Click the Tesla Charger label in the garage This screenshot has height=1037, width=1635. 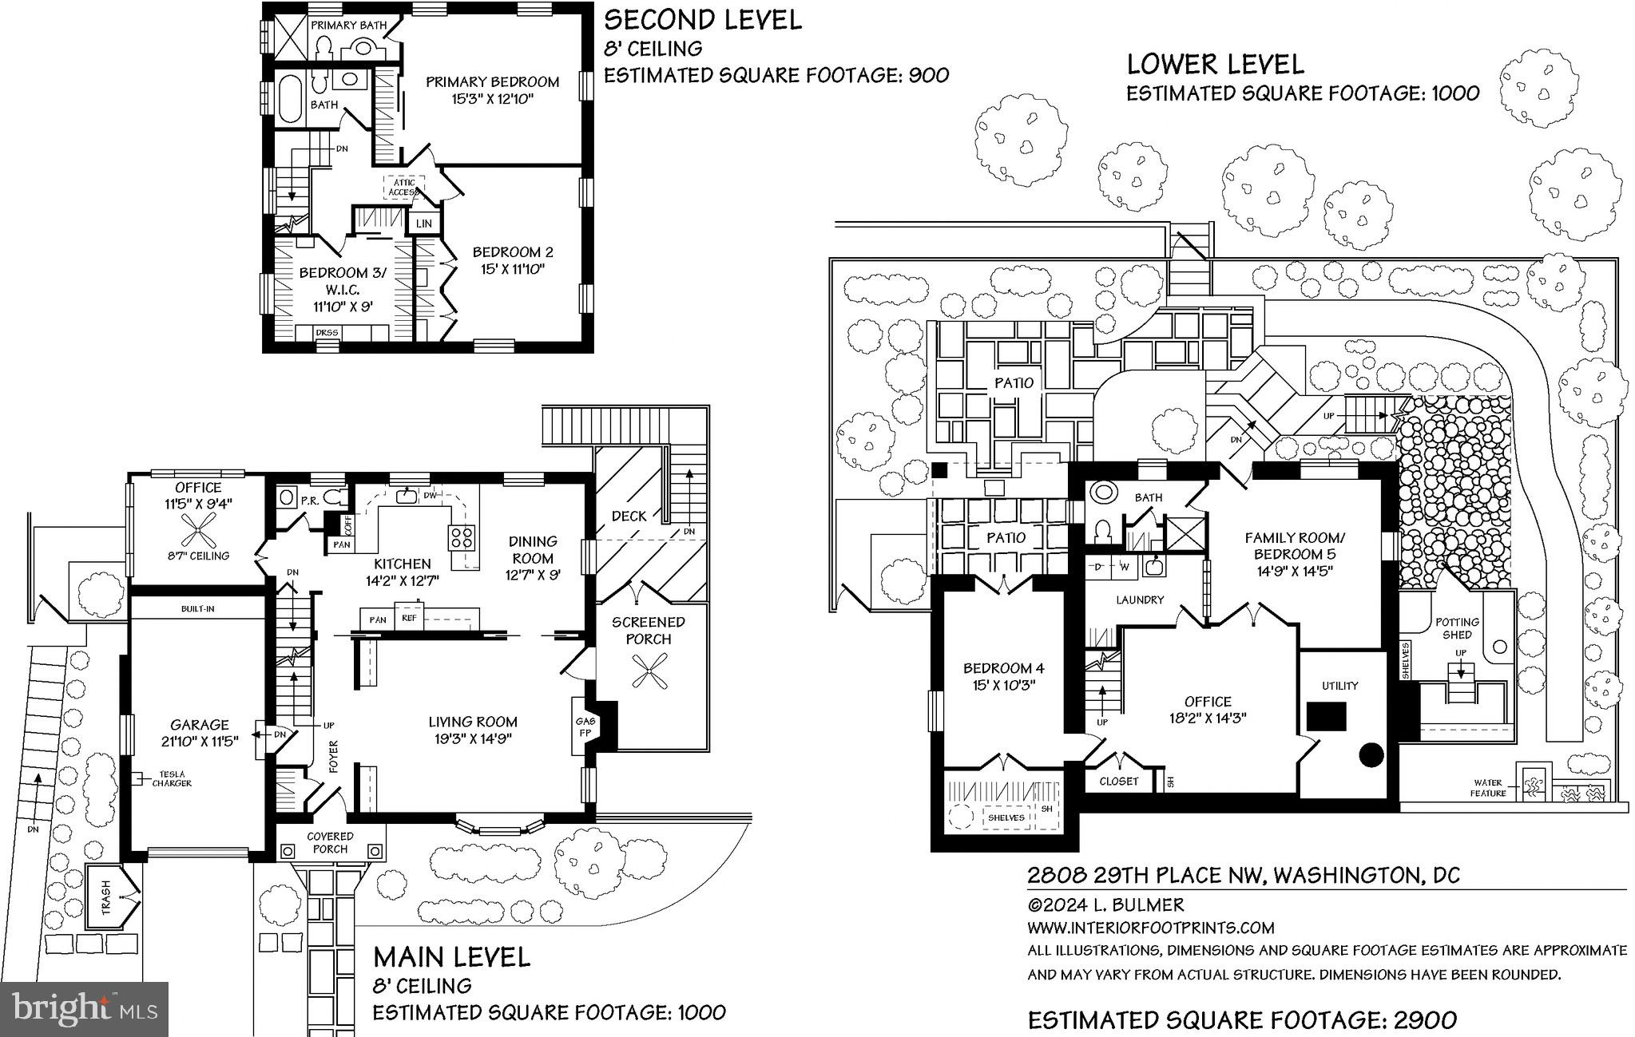(x=173, y=778)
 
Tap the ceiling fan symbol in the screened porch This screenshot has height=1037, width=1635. (x=648, y=671)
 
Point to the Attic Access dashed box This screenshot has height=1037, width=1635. (x=403, y=188)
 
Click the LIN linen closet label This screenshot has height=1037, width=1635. (x=424, y=224)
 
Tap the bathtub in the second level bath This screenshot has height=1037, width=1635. (x=289, y=99)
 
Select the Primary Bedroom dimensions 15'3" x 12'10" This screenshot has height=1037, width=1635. (x=492, y=99)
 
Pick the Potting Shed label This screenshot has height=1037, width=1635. (x=1457, y=628)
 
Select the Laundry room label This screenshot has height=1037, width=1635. (x=1139, y=600)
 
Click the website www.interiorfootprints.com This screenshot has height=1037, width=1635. (x=1150, y=928)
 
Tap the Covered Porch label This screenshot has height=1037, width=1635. (x=330, y=842)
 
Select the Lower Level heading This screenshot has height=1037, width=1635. (x=1215, y=64)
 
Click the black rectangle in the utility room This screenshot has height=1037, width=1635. (x=1326, y=715)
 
